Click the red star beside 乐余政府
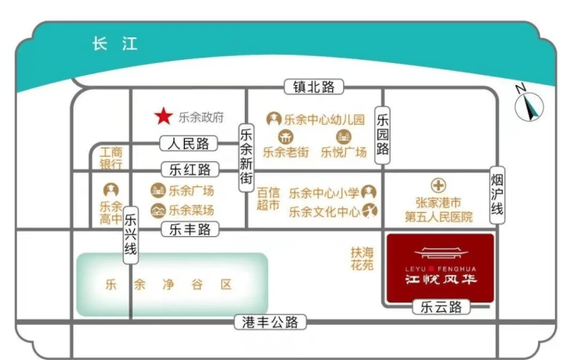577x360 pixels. [x=164, y=116]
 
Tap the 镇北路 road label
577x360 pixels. [x=314, y=87]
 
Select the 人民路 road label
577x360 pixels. [x=189, y=143]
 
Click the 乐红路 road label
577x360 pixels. [x=190, y=170]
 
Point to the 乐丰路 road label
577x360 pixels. [x=190, y=229]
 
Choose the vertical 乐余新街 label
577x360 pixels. [x=246, y=157]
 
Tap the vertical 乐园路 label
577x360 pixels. [x=382, y=135]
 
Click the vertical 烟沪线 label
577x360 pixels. [x=497, y=195]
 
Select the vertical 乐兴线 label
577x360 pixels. [x=130, y=235]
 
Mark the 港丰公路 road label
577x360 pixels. [x=270, y=322]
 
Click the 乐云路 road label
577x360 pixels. [x=441, y=307]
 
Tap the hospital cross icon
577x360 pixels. [x=438, y=185]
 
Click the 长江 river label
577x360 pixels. [x=115, y=44]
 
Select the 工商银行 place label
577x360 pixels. [x=112, y=158]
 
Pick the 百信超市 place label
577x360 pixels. [x=268, y=199]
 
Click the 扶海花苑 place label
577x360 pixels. [x=362, y=259]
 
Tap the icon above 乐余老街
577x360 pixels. [x=285, y=137]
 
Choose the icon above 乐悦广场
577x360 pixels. [x=344, y=137]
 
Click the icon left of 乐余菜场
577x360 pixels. [x=158, y=210]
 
